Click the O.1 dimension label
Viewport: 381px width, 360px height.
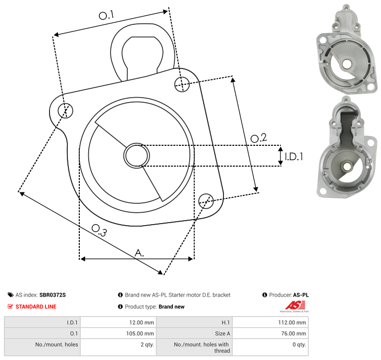point(106,15)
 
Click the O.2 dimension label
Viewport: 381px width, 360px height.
point(259,138)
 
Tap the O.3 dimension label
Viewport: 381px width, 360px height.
point(99,231)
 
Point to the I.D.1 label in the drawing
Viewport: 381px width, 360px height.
point(294,157)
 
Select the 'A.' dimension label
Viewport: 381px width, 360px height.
point(139,253)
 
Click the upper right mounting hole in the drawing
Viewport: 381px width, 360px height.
point(182,84)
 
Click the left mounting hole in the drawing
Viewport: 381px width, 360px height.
point(65,111)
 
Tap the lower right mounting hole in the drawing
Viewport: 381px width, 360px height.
point(206,201)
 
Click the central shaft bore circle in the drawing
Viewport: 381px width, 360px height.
point(137,156)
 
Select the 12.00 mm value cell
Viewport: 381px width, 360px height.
point(118,322)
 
